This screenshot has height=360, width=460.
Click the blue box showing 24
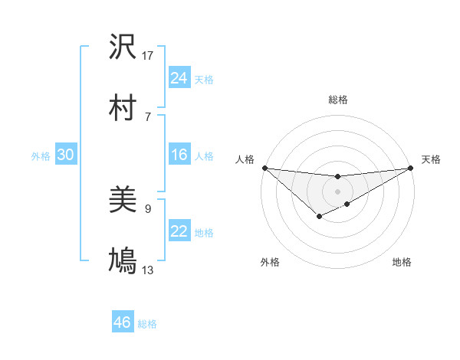click(179, 78)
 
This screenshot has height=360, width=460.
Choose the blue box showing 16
click(179, 155)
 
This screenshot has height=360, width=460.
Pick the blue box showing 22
click(179, 231)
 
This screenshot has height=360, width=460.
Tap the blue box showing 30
click(65, 155)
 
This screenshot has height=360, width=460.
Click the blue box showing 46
click(122, 322)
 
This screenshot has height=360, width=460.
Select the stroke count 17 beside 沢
click(148, 56)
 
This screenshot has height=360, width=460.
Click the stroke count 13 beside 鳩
click(148, 270)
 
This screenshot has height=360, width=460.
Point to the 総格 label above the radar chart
click(337, 100)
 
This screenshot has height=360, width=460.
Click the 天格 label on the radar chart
click(431, 159)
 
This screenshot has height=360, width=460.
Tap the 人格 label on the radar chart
click(245, 159)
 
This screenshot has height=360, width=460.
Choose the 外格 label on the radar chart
click(270, 262)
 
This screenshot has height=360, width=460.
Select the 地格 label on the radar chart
click(402, 262)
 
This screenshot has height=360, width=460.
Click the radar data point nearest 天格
click(410, 168)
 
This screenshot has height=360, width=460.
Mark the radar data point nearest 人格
click(264, 168)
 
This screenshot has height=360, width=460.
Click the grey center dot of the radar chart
click(337, 191)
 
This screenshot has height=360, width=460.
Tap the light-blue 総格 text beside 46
click(147, 324)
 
